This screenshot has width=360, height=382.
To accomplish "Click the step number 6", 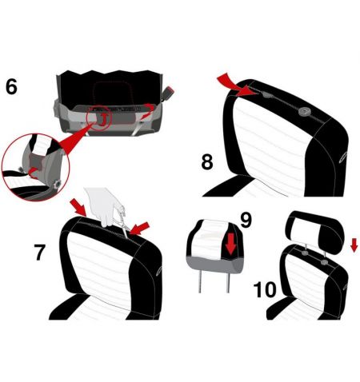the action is point(11,86).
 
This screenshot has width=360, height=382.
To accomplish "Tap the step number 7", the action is point(40,252).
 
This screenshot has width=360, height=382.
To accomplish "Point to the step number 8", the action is point(207,161).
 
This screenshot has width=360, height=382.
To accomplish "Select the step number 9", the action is point(246,220).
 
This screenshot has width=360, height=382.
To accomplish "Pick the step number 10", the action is point(265,289).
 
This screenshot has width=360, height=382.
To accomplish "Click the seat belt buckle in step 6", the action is point(168,92).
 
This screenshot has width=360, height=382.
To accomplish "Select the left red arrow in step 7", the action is point(78,207).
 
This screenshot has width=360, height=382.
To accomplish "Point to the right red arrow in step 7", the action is point(140,228).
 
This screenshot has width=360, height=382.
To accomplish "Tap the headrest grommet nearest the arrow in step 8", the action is point(266,94).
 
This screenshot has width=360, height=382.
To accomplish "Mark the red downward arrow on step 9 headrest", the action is point(230,243).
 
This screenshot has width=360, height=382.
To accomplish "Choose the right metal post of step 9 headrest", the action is point(228,283).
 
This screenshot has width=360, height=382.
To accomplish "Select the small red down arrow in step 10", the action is point(354,245).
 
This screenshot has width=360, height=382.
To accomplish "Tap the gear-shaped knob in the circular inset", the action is point(57,184).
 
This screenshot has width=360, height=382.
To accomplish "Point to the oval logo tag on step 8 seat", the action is point(343,157).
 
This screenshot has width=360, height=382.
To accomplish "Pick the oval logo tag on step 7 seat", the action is point(158,271).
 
